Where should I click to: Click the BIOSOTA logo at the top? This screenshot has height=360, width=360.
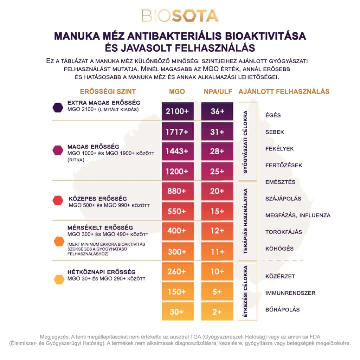tap(180, 16)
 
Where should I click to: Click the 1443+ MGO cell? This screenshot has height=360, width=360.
tap(178, 151)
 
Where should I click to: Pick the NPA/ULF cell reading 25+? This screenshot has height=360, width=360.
tap(217, 172)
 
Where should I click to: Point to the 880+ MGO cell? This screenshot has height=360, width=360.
tap(178, 191)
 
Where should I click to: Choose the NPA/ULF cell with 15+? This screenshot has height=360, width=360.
tap(217, 211)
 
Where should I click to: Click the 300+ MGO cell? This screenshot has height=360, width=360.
tap(178, 252)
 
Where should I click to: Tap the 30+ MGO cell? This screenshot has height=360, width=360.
tap(178, 311)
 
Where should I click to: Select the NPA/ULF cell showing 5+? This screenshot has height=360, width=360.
tap(217, 292)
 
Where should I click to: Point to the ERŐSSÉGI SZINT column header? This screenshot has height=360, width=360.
tap(108, 92)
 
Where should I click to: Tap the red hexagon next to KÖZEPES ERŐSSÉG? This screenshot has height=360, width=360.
tap(57, 200)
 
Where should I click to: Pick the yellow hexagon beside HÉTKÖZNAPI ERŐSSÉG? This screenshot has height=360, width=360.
tap(57, 279)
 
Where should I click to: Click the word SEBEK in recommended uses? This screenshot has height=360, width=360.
tap(275, 132)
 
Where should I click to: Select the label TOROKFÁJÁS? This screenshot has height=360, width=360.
tap(284, 232)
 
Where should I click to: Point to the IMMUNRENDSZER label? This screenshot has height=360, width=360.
tap(290, 293)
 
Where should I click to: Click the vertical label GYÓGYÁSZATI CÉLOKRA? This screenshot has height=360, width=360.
tap(245, 142)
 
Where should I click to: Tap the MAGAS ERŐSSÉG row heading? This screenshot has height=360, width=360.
tap(93, 147)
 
